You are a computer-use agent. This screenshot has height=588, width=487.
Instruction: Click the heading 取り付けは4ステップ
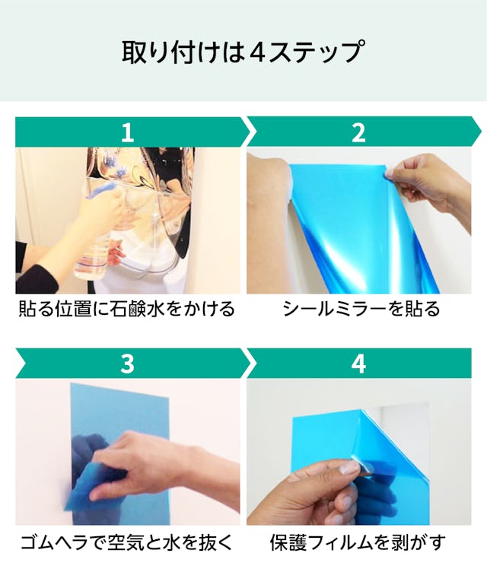(x=243, y=52)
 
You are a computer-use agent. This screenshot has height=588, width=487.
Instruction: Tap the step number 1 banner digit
(x=128, y=132)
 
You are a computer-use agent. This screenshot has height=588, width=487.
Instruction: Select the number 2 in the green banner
(x=358, y=132)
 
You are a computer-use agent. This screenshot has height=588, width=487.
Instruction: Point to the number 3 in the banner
(x=128, y=364)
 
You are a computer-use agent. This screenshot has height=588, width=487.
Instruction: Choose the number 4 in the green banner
(x=358, y=364)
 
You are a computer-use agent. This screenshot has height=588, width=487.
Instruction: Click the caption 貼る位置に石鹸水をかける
(x=127, y=309)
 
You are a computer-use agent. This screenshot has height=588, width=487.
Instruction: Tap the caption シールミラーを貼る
(x=361, y=309)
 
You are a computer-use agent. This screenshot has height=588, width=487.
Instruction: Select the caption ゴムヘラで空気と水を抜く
(x=127, y=541)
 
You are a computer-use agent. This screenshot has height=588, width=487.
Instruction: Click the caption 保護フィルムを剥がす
(x=358, y=542)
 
